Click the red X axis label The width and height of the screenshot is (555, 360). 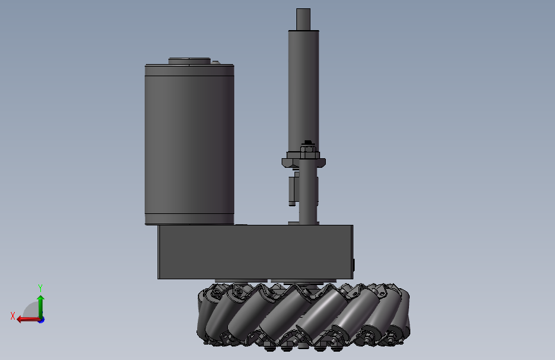[x=13, y=316]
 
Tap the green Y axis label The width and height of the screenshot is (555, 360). [x=40, y=288]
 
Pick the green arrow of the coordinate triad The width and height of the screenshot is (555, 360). [x=40, y=304]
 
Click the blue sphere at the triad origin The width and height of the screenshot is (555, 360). [x=41, y=319]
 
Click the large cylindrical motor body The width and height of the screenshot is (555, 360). [x=189, y=144]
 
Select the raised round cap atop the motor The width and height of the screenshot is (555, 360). [x=189, y=61]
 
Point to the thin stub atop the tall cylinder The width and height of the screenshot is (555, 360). [x=303, y=19]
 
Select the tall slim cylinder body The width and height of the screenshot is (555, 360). [x=303, y=83]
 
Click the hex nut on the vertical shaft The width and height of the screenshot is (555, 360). [x=308, y=152]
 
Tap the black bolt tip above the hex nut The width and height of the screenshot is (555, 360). [x=308, y=142]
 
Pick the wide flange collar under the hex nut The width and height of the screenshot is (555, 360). [x=303, y=161]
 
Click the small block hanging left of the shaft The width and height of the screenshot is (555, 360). [x=293, y=190]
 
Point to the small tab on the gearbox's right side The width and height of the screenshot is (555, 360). [x=354, y=265]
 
